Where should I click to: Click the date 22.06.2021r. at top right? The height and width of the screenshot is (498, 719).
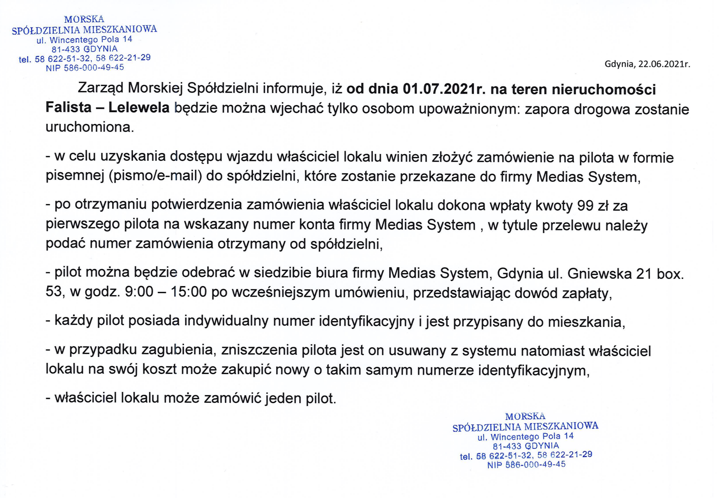[x=664, y=64]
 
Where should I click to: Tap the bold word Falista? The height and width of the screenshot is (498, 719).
[x=68, y=108]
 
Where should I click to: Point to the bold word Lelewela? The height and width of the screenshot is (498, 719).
[x=139, y=108]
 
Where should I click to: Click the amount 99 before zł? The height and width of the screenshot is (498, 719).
[x=585, y=205]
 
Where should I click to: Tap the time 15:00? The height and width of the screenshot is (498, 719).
[x=189, y=292]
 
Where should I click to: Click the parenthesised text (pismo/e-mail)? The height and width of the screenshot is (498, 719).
[x=155, y=176]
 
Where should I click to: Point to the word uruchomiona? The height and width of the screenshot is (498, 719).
[x=90, y=127]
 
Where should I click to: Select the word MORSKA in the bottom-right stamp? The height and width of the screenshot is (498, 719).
[x=525, y=416]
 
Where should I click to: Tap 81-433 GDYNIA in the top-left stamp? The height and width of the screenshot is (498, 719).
[x=84, y=49]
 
